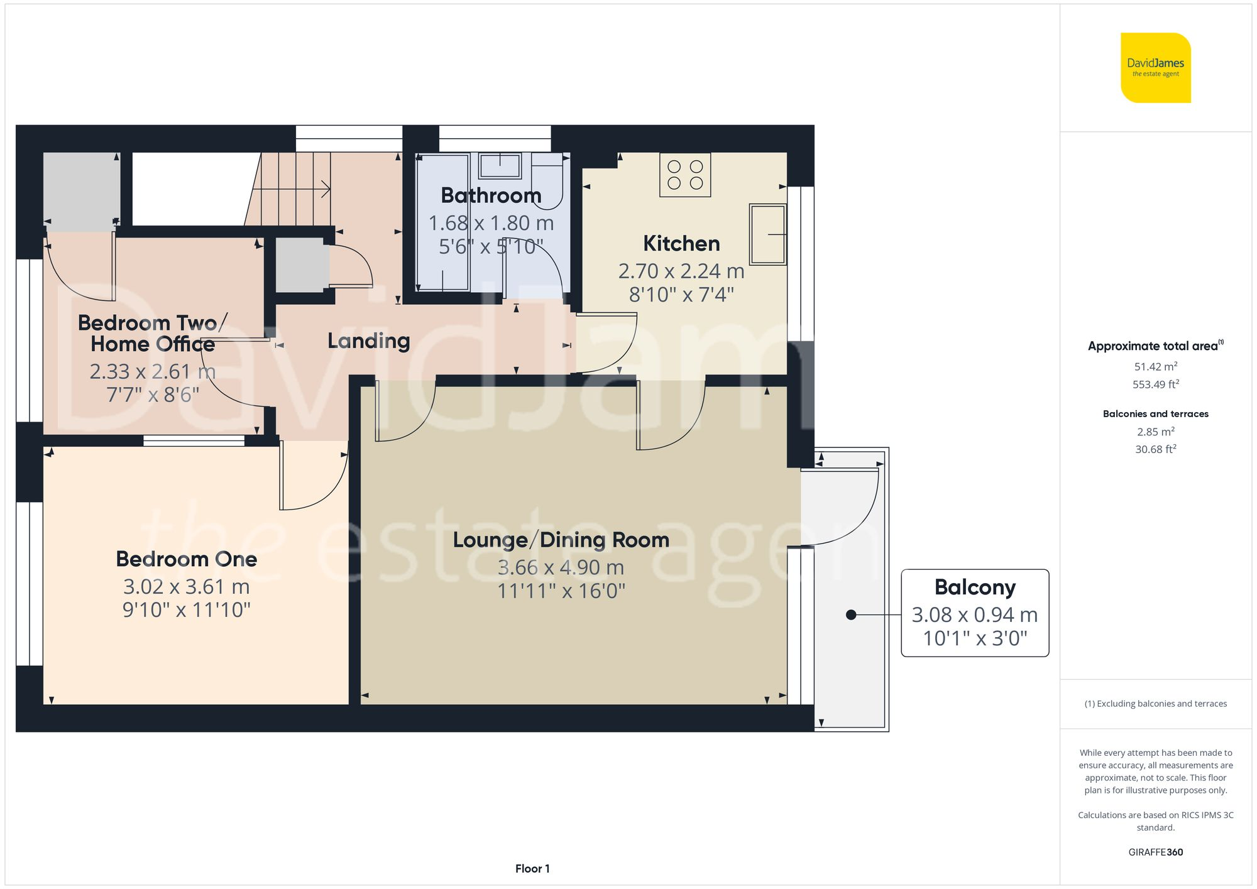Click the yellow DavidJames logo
click(x=1155, y=68)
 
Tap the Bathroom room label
click(x=491, y=195)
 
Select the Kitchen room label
click(x=681, y=243)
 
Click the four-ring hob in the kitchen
click(x=685, y=175)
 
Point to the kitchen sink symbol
click(x=767, y=234)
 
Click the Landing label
click(x=368, y=341)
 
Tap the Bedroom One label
click(x=187, y=559)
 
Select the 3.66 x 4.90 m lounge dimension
click(x=561, y=567)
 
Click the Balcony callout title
click(x=975, y=587)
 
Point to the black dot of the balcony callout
click(x=851, y=615)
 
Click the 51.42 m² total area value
click(x=1155, y=366)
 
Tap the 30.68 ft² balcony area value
click(x=1155, y=449)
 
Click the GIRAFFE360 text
click(x=1155, y=852)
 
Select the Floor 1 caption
click(x=532, y=868)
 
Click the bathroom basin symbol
click(x=500, y=166)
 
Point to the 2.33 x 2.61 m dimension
click(x=153, y=371)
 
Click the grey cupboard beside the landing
click(x=301, y=265)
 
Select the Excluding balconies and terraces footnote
click(x=1155, y=704)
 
